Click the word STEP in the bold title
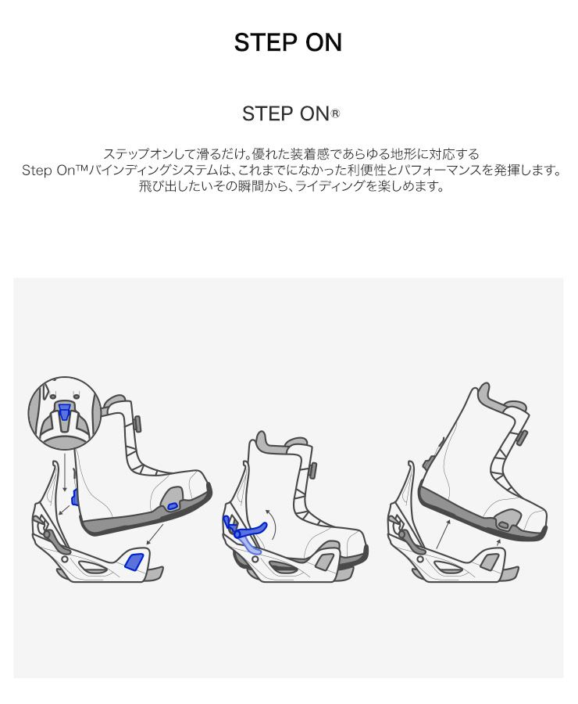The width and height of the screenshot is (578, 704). pos(265,43)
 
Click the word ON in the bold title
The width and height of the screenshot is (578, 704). pos(323,43)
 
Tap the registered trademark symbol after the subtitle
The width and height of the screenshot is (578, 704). pos(335,114)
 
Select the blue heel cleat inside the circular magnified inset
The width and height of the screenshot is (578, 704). pos(65,411)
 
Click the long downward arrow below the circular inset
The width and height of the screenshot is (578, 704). pos(65,472)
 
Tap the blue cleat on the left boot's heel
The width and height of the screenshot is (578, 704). pos(74,497)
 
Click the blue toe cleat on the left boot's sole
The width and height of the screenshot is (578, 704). pos(172,506)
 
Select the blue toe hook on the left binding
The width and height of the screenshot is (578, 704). pos(134,561)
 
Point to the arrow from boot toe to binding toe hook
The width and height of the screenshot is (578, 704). pos(155,535)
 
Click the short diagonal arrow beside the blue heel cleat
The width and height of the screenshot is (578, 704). pos(64,510)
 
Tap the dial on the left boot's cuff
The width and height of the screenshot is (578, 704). pos(137,422)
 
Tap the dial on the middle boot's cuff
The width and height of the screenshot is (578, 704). pos(313,471)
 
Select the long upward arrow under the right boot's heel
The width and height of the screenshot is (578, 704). pos(442,535)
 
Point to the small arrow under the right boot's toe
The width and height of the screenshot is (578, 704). pos(498,543)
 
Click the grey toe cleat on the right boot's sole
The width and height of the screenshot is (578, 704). pos(503,525)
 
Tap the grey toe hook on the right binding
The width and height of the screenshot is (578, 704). pos(491,561)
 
